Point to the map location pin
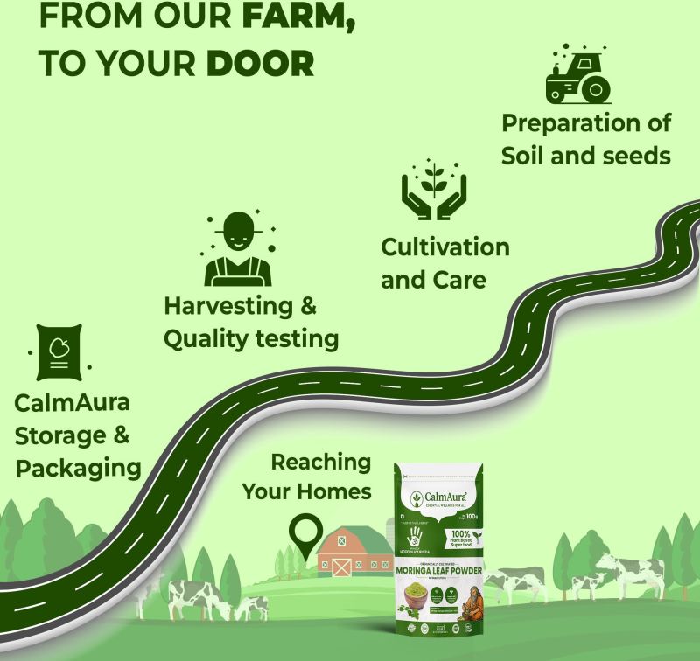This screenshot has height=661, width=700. (305, 535)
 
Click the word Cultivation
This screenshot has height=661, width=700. (445, 247)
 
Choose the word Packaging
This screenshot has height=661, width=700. (79, 467)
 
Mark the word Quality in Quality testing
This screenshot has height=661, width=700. (206, 338)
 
